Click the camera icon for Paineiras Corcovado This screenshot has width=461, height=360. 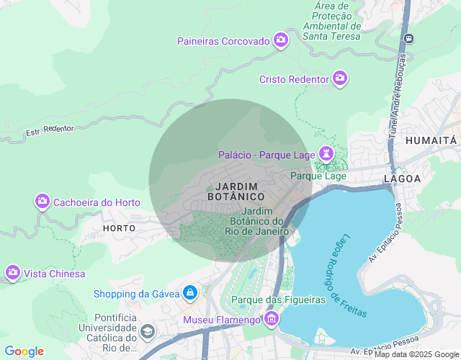click(x=281, y=41)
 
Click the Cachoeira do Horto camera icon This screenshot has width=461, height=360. click(x=42, y=202)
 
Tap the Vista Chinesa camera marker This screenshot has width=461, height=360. click(x=12, y=273)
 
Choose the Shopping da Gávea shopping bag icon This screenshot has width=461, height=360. click(x=190, y=293)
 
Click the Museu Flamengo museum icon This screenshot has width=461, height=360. click(x=272, y=319)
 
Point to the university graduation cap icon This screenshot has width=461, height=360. click(x=148, y=332)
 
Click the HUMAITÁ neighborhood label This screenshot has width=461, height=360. click(x=431, y=140)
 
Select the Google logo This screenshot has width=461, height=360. click(x=24, y=351)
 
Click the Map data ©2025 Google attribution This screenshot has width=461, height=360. click(x=416, y=354)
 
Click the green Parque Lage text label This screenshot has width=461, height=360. click(x=318, y=176)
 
